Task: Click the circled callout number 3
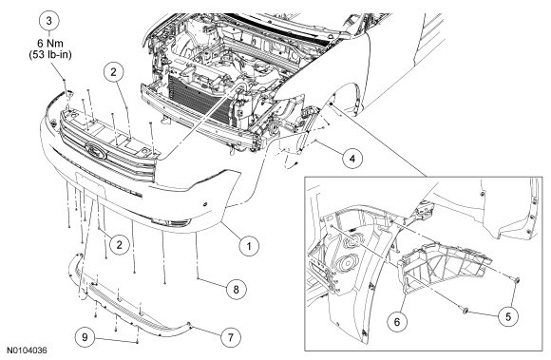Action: click(48, 21)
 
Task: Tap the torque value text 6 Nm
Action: click(50, 44)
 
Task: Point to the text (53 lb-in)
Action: click(50, 55)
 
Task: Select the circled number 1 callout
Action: click(249, 246)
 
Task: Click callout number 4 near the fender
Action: click(352, 159)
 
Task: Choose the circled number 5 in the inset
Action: click(508, 316)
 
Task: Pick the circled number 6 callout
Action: click(397, 321)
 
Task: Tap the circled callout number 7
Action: click(231, 337)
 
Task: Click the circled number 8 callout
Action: click(236, 289)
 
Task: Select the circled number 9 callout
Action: click(85, 337)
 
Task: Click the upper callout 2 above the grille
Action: click(113, 72)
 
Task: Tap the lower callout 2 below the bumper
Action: click(119, 244)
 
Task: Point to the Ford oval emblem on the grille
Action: click(96, 150)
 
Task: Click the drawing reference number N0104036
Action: click(28, 351)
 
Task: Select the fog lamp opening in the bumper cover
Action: click(171, 222)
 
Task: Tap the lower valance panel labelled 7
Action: click(130, 305)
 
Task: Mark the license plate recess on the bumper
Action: click(90, 186)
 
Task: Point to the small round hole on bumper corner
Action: click(205, 204)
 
